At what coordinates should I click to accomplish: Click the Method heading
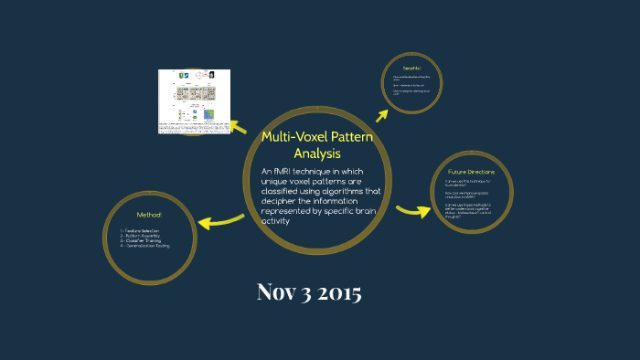[148, 215]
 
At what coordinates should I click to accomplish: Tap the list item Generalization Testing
[148, 246]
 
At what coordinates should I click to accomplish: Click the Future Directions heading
[471, 172]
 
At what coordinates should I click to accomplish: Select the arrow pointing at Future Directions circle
[413, 211]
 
